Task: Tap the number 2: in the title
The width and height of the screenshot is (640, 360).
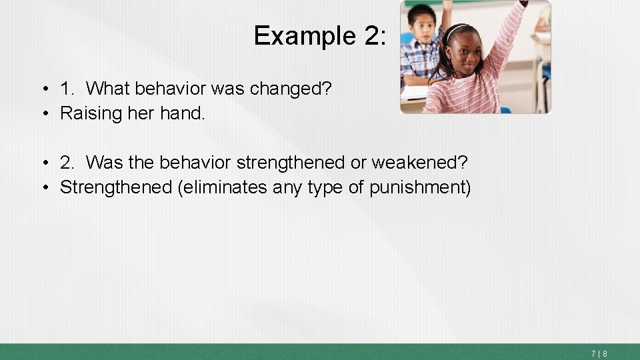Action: [x=375, y=35]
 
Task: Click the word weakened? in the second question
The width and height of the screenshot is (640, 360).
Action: [x=428, y=162]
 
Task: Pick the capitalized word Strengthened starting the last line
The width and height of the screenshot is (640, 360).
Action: [x=116, y=187]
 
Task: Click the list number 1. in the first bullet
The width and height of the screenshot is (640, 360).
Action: [x=67, y=88]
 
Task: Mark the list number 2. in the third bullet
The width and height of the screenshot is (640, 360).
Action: [x=67, y=162]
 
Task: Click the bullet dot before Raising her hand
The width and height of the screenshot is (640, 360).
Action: [x=45, y=114]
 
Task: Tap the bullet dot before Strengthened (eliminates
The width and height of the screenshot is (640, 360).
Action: [x=45, y=188]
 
